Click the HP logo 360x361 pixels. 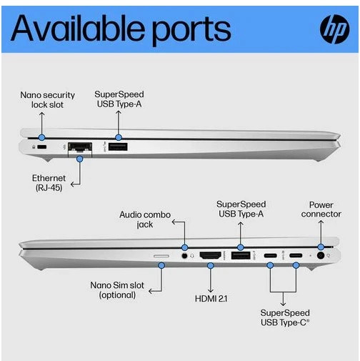334,29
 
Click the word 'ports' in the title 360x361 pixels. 191,31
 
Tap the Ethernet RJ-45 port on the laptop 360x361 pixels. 80,147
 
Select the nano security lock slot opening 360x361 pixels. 42,147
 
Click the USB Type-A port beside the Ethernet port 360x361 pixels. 118,147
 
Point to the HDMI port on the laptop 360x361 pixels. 210,255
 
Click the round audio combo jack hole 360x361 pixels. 184,256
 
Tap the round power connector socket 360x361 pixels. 321,256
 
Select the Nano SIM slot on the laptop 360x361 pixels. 161,256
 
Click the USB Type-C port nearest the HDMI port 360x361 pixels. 270,256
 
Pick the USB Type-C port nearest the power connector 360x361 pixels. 296,256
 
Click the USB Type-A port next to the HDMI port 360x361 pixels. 241,255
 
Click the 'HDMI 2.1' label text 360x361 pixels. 211,299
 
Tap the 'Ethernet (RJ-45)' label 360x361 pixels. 49,183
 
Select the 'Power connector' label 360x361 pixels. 321,209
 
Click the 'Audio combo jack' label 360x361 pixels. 145,219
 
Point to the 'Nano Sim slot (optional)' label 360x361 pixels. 117,290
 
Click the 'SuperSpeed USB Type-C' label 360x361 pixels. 285,317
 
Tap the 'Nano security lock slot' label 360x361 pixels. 47,100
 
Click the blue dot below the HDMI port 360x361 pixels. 211,265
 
